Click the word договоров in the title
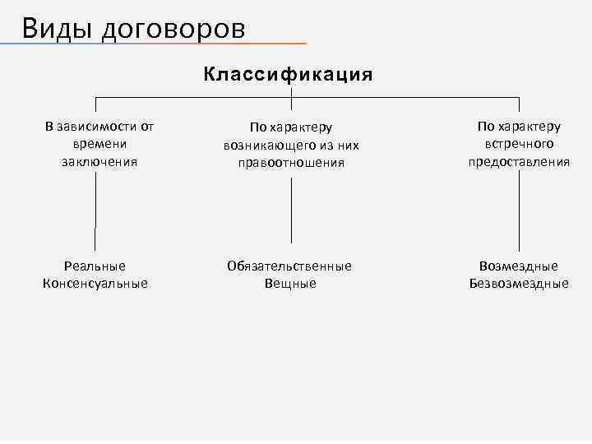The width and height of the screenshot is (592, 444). click(x=173, y=29)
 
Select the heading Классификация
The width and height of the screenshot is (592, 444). click(x=289, y=75)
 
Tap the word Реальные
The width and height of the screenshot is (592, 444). click(x=95, y=266)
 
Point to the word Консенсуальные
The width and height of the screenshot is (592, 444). click(x=95, y=284)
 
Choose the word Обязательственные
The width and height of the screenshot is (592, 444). click(x=289, y=266)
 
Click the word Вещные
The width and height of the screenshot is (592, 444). click(x=290, y=284)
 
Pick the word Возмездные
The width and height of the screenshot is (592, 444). click(x=518, y=266)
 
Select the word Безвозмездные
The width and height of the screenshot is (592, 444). click(x=519, y=284)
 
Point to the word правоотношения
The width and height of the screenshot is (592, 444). click(x=291, y=163)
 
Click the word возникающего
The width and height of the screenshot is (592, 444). click(x=267, y=146)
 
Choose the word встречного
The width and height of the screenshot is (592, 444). click(x=519, y=144)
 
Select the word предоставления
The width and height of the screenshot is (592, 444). click(x=519, y=161)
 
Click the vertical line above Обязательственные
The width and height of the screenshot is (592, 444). click(x=291, y=210)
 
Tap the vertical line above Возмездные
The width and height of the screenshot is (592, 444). click(x=519, y=210)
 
